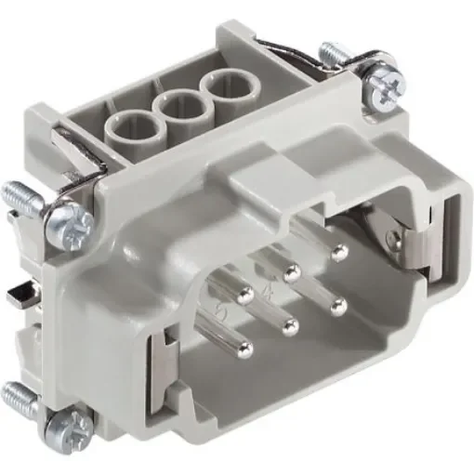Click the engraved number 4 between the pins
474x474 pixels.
click(269, 296)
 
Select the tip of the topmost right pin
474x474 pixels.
click(337, 254)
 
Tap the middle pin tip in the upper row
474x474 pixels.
click(292, 273)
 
